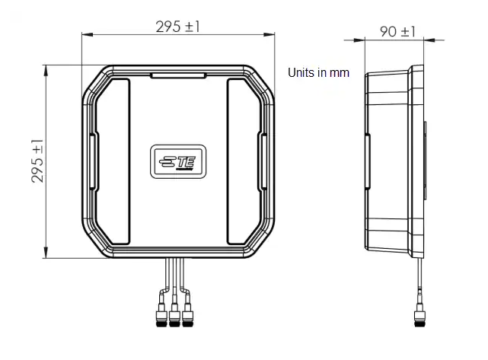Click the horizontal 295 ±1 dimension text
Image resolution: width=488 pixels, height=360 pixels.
pyautogui.click(x=178, y=26)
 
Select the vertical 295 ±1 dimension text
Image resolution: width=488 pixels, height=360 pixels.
pyautogui.click(x=37, y=161)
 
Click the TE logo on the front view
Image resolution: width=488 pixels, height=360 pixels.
pyautogui.click(x=177, y=161)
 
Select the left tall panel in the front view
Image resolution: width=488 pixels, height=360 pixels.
pyautogui.click(x=113, y=161)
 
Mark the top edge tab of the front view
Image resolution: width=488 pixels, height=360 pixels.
pyautogui.click(x=177, y=75)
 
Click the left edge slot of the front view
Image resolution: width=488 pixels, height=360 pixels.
pyautogui.click(x=93, y=161)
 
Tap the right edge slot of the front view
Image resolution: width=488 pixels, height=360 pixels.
pyautogui.click(x=262, y=161)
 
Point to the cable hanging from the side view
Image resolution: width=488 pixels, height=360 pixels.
pyautogui.click(x=417, y=282)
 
